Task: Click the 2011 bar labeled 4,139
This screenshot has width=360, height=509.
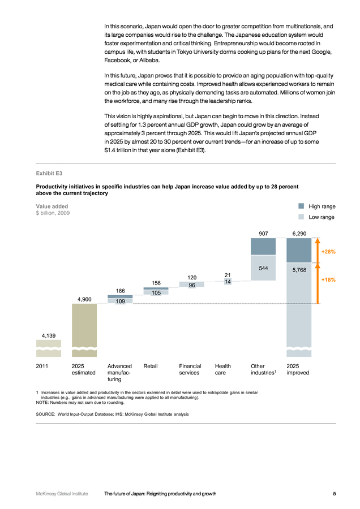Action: [49, 348]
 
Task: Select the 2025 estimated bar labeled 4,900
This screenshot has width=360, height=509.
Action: [84, 330]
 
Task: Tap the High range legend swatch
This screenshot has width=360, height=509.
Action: [301, 206]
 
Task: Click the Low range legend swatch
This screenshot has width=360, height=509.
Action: [301, 217]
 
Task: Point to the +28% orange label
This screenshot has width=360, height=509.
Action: [328, 252]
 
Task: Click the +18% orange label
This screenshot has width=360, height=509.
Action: [328, 279]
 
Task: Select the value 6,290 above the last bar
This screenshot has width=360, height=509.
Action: [299, 234]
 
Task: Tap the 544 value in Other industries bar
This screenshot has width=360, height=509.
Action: [263, 268]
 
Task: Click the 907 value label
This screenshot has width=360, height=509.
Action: [263, 234]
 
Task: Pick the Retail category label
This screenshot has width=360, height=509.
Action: [151, 366]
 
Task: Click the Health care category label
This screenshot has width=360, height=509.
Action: [223, 369]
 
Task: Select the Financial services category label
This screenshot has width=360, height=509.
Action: [190, 369]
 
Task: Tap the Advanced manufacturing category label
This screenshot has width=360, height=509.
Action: [119, 373]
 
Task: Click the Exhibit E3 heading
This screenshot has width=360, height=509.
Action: [49, 174]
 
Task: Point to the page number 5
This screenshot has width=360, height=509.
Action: [335, 494]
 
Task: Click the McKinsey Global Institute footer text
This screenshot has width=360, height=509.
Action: [62, 494]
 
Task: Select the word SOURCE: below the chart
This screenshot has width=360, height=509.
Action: [45, 414]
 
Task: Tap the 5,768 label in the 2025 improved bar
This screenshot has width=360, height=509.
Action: [299, 270]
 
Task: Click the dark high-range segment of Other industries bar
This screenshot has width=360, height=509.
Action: [263, 247]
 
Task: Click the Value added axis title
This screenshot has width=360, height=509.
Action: [52, 206]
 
